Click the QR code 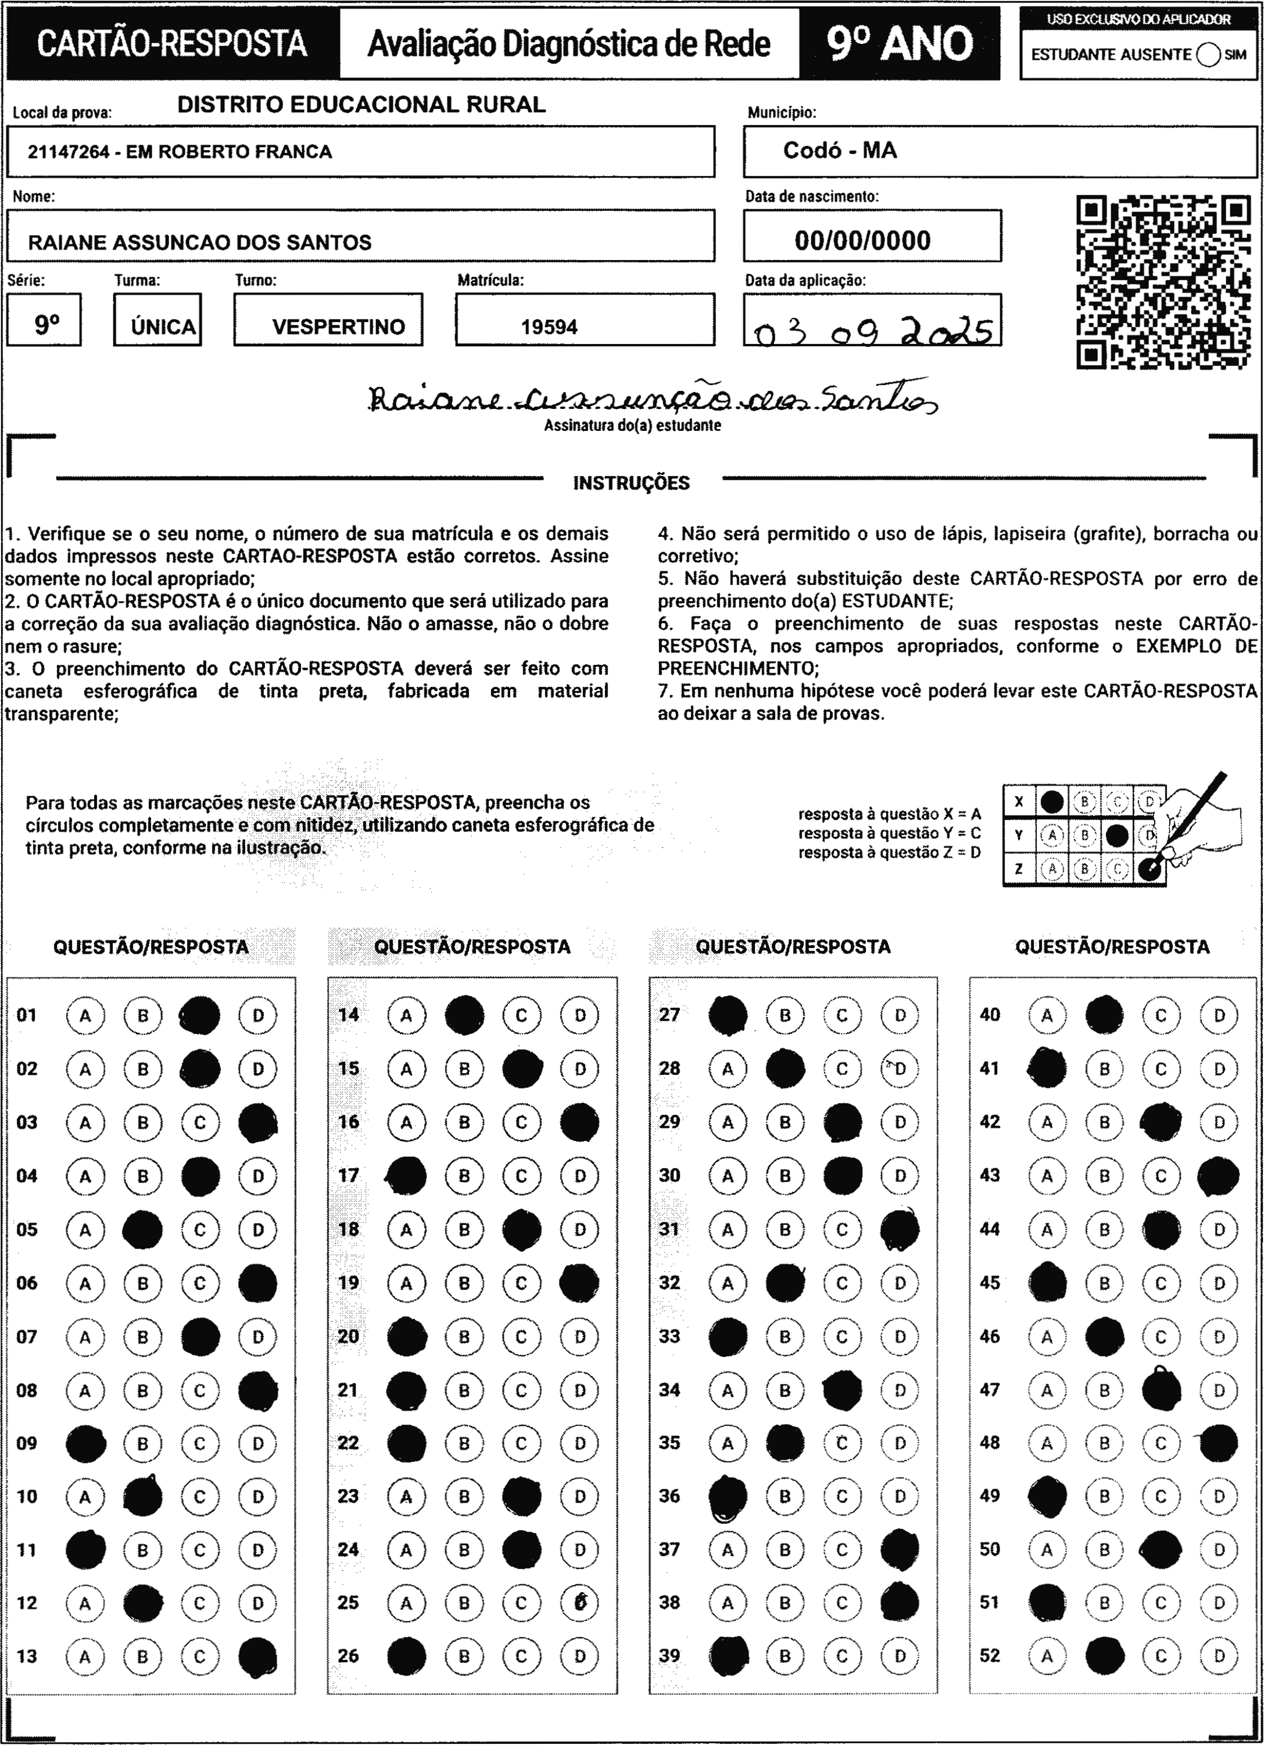pos(1163,283)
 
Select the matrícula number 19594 pos(549,327)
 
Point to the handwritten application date pos(872,332)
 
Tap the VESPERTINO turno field pos(338,327)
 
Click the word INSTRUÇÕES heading pos(631,483)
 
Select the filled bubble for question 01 pos(200,1016)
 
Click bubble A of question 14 pos(406,1016)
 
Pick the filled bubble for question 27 pos(728,1016)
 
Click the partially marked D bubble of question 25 pos(580,1603)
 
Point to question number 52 pos(989,1656)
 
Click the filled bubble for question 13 pos(258,1656)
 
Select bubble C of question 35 pos(842,1443)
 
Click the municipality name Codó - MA pos(839,151)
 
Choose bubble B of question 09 pos(142,1443)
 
